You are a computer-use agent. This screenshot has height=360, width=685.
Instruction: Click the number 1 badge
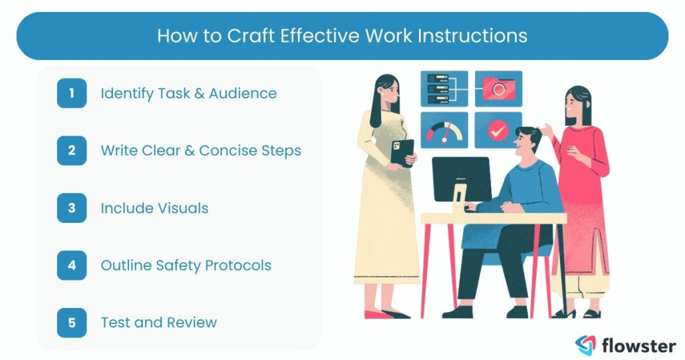click(x=71, y=93)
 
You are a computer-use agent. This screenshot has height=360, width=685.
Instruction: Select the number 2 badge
click(x=71, y=150)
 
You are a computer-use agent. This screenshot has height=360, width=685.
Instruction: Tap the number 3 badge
click(x=71, y=208)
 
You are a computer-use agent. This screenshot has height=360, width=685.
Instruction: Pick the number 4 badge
click(x=71, y=266)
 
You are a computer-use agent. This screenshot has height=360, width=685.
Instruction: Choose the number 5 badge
click(x=71, y=323)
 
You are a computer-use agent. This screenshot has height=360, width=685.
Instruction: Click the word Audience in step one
click(x=243, y=93)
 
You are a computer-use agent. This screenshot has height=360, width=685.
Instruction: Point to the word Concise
click(x=230, y=150)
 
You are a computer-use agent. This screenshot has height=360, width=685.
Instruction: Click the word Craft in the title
click(x=251, y=35)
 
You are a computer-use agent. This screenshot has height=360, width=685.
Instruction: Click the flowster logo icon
click(x=585, y=345)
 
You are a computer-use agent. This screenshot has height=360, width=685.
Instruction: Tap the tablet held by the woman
click(x=402, y=152)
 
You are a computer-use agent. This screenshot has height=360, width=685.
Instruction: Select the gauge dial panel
click(x=444, y=130)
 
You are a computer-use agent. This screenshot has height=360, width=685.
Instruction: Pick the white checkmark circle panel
click(x=497, y=130)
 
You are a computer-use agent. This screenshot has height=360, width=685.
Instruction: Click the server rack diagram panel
click(x=444, y=89)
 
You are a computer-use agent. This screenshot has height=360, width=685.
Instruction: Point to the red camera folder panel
click(x=497, y=89)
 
